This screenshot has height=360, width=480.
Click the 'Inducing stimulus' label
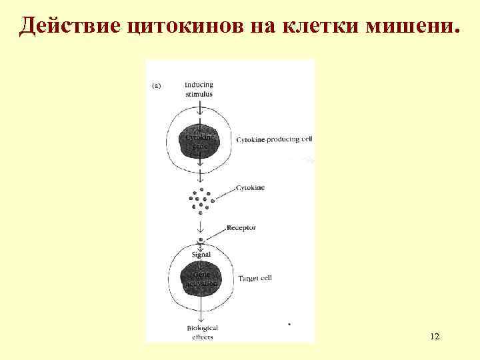pos(200,89)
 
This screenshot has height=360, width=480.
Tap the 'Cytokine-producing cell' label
pos(274,140)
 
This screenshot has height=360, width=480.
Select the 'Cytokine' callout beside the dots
pos(250,188)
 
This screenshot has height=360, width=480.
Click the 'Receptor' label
pos(241,228)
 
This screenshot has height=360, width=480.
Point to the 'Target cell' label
pos(255,278)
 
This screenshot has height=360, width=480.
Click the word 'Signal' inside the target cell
pos(201,255)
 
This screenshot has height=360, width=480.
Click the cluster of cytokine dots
pos(200,199)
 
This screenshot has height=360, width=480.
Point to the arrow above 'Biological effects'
pos(200,313)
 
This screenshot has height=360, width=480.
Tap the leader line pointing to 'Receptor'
pos(215,234)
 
